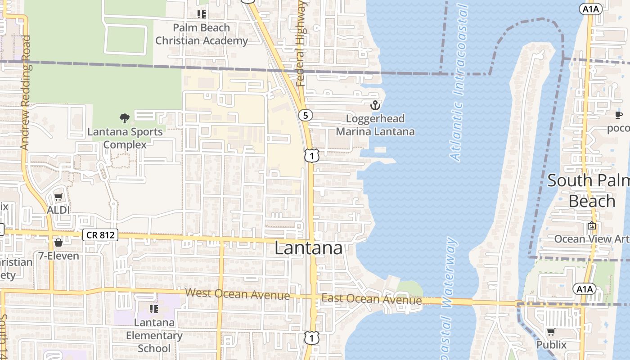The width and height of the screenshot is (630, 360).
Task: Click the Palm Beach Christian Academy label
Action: pos(202,34)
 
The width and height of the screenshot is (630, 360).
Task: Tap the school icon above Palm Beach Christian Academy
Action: pos(202,14)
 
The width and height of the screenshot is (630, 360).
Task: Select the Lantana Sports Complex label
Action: pos(125,138)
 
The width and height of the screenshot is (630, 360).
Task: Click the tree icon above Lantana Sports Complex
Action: pos(125,118)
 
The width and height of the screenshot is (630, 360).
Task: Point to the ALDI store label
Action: pos(58,210)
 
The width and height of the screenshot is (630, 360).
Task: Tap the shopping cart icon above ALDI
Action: pos(58,197)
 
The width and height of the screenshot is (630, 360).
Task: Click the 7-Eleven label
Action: pos(58,256)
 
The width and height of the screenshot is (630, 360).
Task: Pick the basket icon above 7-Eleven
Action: pos(58,243)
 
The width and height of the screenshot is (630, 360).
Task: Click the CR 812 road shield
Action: pos(100,235)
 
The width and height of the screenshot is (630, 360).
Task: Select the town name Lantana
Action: pos(308,248)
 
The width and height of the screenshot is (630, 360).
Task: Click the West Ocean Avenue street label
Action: pos(238,294)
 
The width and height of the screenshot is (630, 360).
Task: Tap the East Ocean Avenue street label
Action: pos(372,300)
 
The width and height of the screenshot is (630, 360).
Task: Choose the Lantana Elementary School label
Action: pos(154,335)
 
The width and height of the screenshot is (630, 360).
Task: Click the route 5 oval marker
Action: pos(306,116)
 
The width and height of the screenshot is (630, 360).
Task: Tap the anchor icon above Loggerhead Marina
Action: pos(375,106)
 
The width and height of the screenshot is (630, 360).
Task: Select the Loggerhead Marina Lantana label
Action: pos(375,125)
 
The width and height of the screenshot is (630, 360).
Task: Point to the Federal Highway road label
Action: pos(301,44)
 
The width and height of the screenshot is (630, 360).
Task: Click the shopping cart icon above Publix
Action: pos(551,332)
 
